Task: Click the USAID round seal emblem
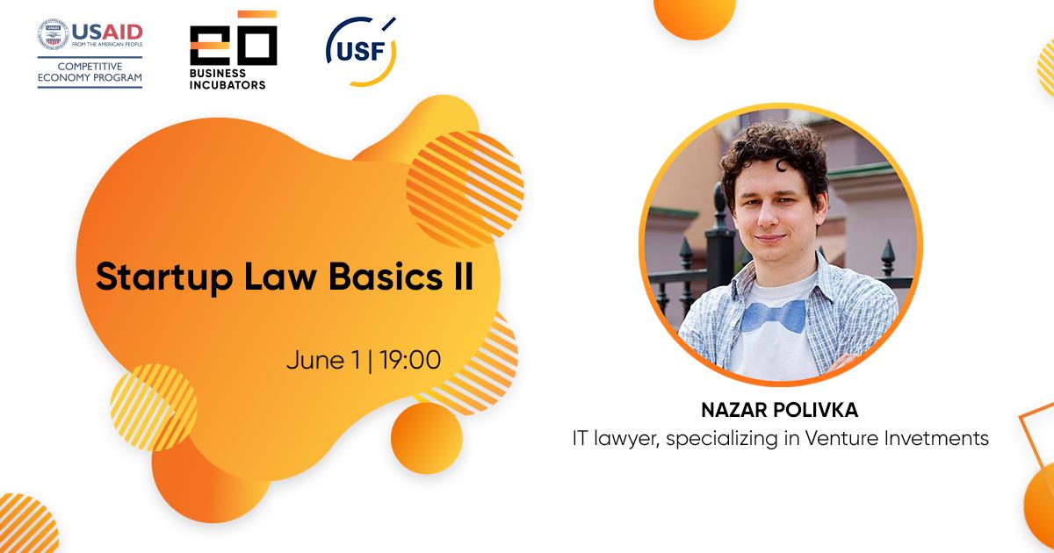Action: coord(54,34)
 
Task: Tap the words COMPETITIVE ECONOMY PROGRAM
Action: coord(90,72)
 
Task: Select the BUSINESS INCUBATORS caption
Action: coord(227,79)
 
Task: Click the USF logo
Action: coord(361,51)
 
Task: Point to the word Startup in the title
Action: coord(164,277)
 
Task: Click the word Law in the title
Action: coord(280,276)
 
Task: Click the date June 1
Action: coord(323,361)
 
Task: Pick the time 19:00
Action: coord(410,360)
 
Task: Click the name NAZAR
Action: coord(727,410)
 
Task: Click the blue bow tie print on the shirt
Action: coord(774,315)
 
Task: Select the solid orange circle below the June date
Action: coord(427,438)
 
